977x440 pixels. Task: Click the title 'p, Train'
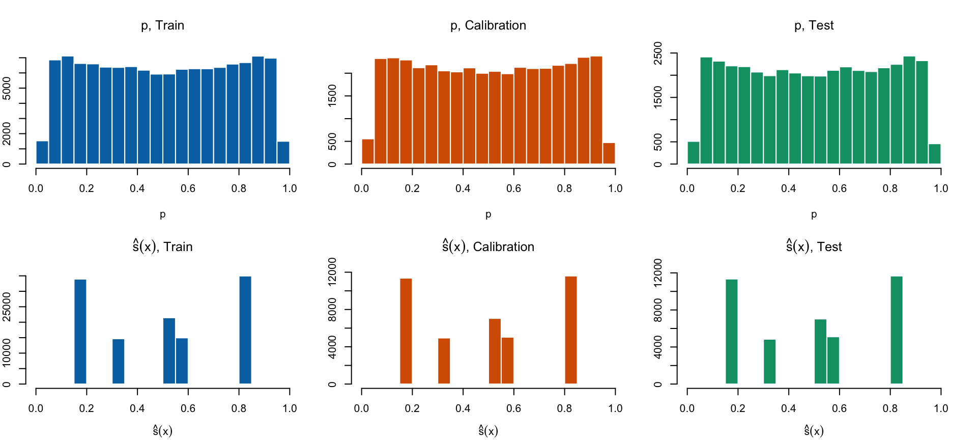(x=162, y=25)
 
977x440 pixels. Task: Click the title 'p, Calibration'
(x=488, y=25)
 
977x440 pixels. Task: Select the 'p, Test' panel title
(x=814, y=25)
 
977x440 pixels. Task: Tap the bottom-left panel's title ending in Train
(x=162, y=247)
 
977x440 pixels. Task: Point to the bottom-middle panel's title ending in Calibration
(x=488, y=247)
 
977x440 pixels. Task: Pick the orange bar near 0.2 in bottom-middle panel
(x=406, y=331)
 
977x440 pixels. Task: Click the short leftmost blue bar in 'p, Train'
(x=42, y=153)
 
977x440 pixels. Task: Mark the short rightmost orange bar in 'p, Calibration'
(x=609, y=153)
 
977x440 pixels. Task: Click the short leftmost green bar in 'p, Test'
(x=694, y=153)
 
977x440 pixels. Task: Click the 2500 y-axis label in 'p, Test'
(x=658, y=53)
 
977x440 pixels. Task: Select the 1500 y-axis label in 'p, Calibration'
(x=332, y=96)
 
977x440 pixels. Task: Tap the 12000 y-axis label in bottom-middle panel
(x=332, y=272)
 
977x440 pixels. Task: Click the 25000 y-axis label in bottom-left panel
(x=7, y=307)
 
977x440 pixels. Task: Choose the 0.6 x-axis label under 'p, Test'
(x=839, y=188)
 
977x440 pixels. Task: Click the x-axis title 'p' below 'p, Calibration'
(x=488, y=214)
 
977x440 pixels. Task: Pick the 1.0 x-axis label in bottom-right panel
(x=941, y=408)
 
